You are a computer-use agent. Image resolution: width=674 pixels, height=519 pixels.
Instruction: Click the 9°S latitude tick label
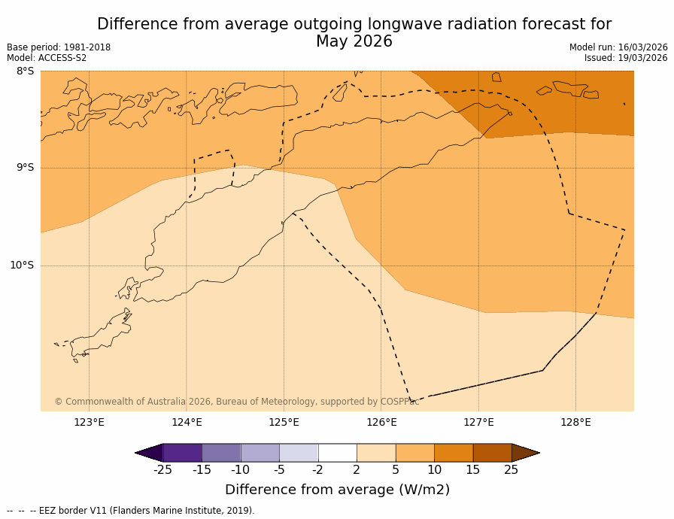click(25, 168)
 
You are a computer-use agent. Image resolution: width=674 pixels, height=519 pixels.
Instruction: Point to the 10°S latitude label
click(22, 266)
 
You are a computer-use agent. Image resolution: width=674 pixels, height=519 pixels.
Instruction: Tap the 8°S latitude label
click(25, 71)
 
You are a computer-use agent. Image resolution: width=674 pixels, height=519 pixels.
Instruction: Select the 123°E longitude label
click(89, 422)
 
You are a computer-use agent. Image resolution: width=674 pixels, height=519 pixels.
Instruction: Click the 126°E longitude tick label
click(381, 422)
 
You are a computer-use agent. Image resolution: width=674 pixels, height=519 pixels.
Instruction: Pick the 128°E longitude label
click(575, 422)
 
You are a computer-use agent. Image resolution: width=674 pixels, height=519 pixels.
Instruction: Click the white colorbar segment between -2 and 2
click(337, 453)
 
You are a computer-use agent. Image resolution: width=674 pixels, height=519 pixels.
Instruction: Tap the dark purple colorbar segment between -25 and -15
click(182, 453)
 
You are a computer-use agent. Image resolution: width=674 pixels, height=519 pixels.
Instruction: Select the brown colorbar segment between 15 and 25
click(492, 453)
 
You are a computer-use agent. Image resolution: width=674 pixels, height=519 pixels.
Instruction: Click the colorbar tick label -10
click(240, 470)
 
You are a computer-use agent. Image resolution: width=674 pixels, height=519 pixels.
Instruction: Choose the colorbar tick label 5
click(395, 470)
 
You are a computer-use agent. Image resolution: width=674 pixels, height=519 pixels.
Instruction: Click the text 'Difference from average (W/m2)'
click(337, 490)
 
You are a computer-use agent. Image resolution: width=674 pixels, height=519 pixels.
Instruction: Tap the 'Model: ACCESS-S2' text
click(47, 58)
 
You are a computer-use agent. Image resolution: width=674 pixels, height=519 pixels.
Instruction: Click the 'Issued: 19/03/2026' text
click(626, 58)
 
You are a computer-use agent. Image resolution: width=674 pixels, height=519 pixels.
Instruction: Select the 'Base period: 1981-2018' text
click(59, 47)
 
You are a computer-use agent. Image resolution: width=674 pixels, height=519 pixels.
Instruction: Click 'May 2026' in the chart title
click(354, 42)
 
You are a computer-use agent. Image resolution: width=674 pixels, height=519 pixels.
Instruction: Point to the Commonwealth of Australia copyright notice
click(236, 402)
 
